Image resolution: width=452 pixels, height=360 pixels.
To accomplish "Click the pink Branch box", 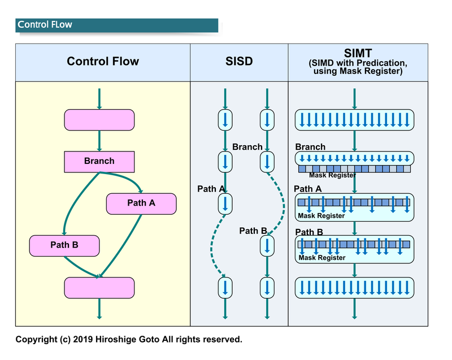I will [99, 162].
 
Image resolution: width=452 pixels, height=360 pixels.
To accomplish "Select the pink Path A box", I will [141, 203].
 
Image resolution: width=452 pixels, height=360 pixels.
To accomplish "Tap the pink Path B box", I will [64, 245].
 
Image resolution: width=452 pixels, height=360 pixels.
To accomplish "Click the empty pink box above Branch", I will [99, 120].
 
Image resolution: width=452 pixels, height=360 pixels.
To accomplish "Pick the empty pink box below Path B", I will [99, 287].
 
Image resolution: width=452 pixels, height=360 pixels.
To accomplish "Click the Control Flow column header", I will [103, 62].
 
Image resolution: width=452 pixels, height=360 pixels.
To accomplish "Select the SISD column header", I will [239, 62].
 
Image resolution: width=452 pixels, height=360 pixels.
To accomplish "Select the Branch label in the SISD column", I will [247, 147].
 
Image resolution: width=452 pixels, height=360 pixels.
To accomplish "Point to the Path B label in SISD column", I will [253, 231].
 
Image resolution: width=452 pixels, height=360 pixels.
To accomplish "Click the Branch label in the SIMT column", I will [310, 147].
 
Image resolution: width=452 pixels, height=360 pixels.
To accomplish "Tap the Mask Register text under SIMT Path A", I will [321, 216].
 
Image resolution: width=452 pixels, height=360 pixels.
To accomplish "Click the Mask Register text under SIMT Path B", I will [322, 258].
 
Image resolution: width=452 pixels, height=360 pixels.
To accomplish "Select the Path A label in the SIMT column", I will [308, 189].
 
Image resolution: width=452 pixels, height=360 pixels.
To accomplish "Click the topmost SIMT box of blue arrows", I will [355, 120].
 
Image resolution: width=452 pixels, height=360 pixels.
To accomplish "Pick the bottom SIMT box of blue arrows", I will [355, 287].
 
